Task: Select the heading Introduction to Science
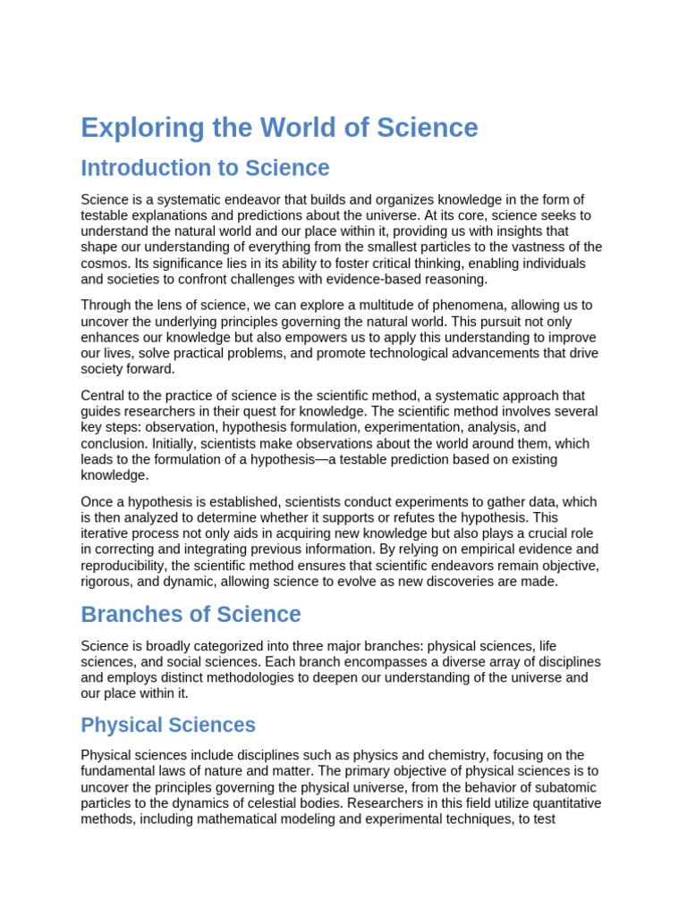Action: (x=205, y=168)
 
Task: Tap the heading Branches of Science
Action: (x=191, y=615)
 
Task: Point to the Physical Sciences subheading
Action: (x=168, y=725)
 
